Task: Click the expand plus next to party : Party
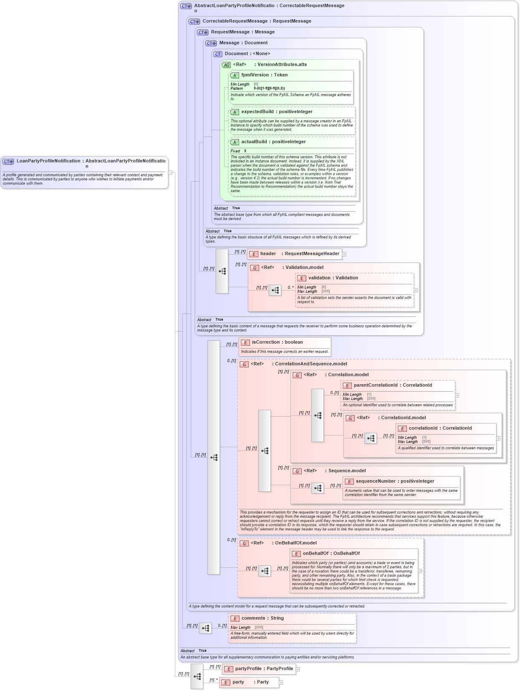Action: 281,683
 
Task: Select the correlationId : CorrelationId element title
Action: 440,428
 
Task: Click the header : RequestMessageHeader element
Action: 299,253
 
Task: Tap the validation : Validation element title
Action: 333,278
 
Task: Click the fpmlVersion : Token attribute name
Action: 264,75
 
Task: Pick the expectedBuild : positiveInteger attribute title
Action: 276,111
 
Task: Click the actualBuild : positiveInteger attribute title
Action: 273,142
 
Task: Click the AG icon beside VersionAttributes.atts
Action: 226,65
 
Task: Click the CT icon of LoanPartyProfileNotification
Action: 8,161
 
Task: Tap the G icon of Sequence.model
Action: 297,471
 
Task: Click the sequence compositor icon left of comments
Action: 205,628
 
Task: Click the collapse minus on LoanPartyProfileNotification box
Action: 170,172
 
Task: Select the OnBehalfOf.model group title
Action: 295,543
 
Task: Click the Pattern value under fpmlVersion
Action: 269,89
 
